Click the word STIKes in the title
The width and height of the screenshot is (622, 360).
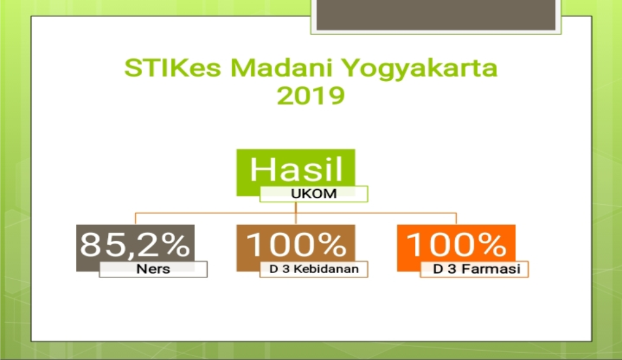pos(173,67)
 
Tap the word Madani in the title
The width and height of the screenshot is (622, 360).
pos(281,67)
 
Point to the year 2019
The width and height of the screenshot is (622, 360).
pos(310,96)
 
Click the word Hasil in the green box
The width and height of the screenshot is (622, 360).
pos(296,169)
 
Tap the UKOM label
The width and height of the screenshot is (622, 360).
pos(314,194)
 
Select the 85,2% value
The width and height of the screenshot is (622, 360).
pos(135,245)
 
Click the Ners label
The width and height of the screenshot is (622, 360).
pos(153,269)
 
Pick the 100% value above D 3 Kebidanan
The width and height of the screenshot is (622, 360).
pos(297,244)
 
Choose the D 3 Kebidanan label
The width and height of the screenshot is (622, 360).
pos(314,269)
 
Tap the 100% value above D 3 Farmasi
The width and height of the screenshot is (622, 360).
pos(456,244)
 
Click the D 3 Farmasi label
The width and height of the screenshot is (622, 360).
pos(477,269)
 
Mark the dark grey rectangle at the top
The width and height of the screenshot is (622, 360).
pos(436,14)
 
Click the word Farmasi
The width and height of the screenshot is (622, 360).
pos(490,269)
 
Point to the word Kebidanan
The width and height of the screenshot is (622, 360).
pos(326,269)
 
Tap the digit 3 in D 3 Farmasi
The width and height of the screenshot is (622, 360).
pos(452,269)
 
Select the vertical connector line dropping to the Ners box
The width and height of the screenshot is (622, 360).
pos(136,219)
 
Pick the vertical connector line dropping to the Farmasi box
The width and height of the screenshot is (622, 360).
pos(456,219)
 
